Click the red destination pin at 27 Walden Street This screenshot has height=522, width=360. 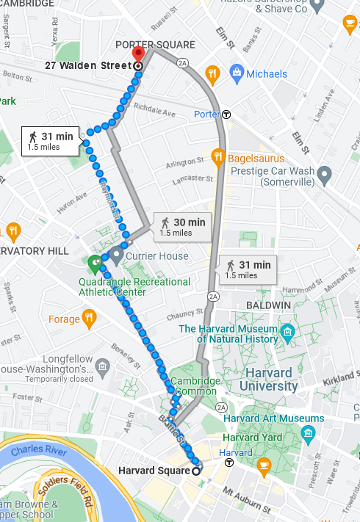[137, 55]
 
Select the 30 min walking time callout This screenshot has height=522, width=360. [183, 226]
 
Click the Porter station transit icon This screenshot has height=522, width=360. [227, 115]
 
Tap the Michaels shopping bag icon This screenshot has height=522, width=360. [237, 73]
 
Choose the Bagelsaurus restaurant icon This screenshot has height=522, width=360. [217, 156]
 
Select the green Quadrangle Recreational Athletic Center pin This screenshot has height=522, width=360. [95, 263]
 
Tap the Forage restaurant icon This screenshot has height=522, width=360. [89, 319]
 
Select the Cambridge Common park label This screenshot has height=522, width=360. [195, 386]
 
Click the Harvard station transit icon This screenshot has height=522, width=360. [229, 463]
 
